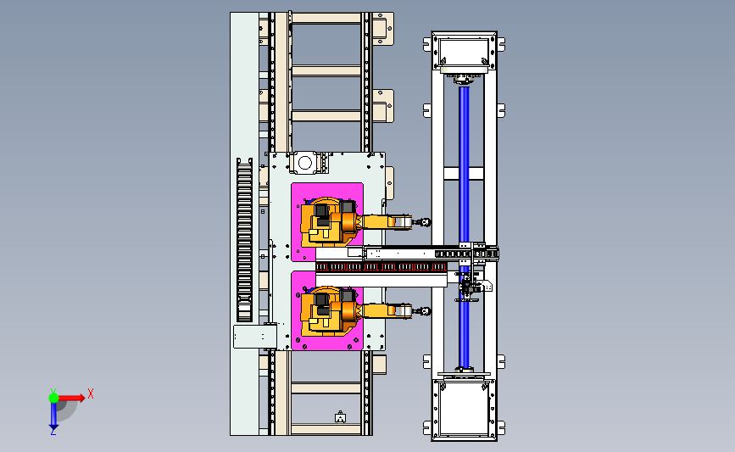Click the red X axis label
[x=91, y=393]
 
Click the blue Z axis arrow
[x=53, y=416]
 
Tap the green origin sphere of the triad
[x=53, y=398]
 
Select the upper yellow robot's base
[x=326, y=222]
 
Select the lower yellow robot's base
[x=326, y=311]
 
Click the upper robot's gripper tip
[x=426, y=222]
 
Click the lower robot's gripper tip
[x=426, y=311]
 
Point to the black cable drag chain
[x=244, y=240]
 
